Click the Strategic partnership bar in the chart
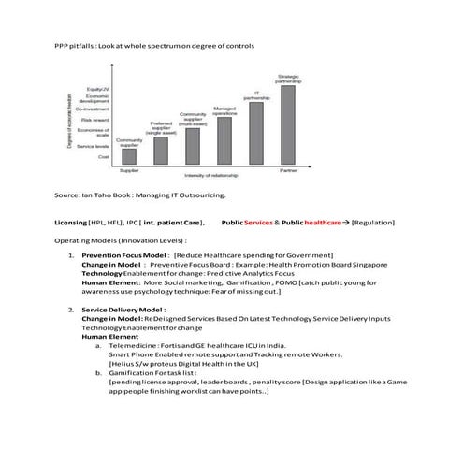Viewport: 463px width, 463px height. pos(286,124)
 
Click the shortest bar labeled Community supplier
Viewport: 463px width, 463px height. pos(129,156)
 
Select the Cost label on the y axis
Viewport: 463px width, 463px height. pos(104,156)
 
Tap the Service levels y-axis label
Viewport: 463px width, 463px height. pos(94,146)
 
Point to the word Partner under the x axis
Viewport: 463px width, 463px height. pos(288,170)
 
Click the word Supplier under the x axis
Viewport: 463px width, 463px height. pos(129,170)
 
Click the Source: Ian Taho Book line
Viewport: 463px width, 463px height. pos(140,195)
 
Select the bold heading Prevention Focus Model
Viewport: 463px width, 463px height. pos(124,254)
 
